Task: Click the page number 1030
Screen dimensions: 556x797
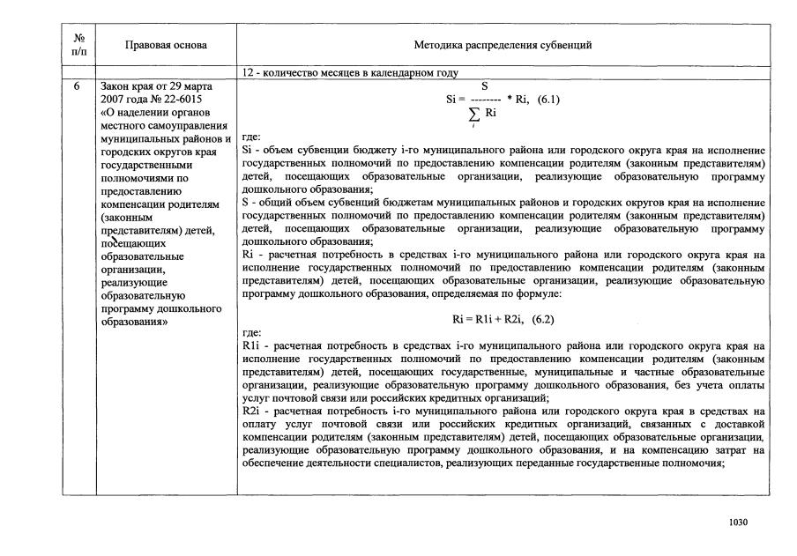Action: pyautogui.click(x=738, y=523)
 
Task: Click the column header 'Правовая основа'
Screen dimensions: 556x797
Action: pyautogui.click(x=166, y=45)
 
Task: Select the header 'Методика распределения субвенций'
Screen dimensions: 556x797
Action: pyautogui.click(x=503, y=45)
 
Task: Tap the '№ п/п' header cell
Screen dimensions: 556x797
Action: pyautogui.click(x=78, y=45)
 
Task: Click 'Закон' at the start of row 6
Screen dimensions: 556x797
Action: pyautogui.click(x=116, y=87)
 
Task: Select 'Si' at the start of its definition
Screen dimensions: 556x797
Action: pyautogui.click(x=246, y=151)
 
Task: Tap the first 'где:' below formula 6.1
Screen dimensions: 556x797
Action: pyautogui.click(x=250, y=138)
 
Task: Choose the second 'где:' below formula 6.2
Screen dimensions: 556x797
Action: pyautogui.click(x=250, y=334)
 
